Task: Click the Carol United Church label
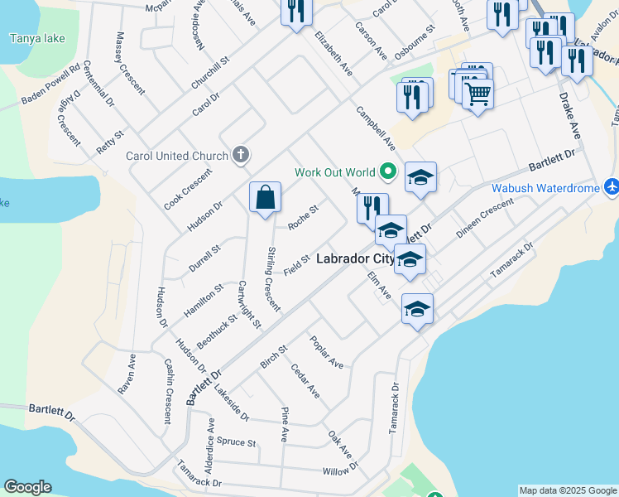click(176, 155)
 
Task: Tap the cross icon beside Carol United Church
click(241, 154)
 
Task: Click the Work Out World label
click(335, 172)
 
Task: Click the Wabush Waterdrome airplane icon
click(611, 188)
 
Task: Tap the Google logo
click(27, 487)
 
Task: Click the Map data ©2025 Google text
click(567, 490)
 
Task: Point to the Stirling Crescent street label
click(273, 279)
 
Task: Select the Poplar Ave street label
click(326, 351)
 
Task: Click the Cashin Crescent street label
click(168, 391)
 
